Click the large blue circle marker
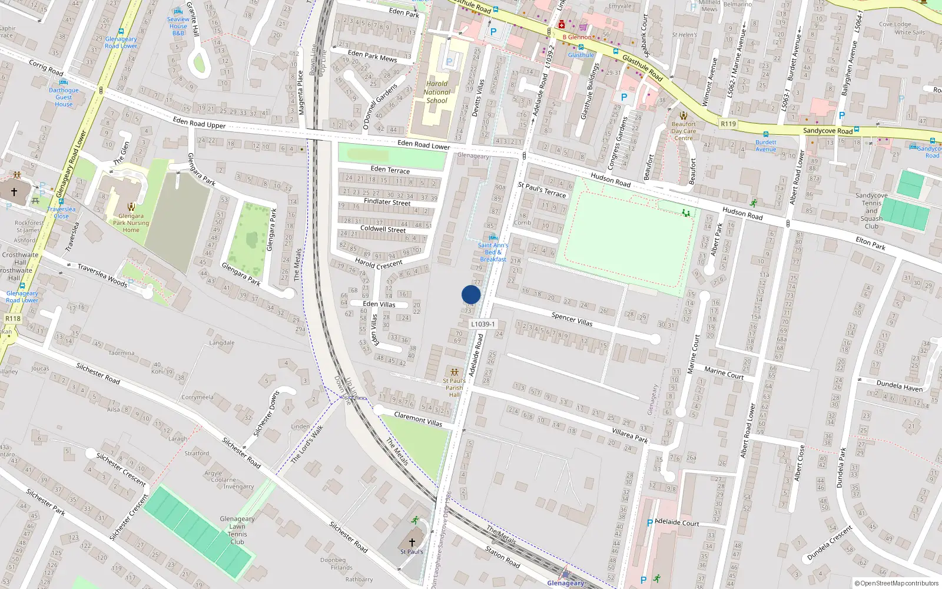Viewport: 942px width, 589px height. tap(471, 294)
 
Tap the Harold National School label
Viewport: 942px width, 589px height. tap(437, 92)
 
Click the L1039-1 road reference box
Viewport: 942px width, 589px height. tap(483, 324)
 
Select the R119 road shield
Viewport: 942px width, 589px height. tap(728, 124)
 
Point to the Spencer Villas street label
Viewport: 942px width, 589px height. tap(572, 319)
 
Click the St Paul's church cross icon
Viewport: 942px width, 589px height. tap(412, 542)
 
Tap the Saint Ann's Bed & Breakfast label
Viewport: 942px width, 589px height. tap(493, 252)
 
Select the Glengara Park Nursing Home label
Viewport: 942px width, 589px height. tap(131, 223)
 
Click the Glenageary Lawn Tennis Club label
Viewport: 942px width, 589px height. tap(237, 530)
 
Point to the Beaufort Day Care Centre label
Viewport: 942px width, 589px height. tap(684, 131)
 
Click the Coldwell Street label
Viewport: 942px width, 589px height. tap(383, 229)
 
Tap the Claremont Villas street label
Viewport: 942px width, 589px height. tap(417, 419)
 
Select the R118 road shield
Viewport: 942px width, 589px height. tap(13, 319)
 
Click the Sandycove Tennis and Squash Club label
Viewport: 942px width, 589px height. tap(871, 211)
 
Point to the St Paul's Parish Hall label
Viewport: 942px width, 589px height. tap(454, 388)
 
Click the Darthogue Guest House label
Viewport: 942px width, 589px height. tap(64, 97)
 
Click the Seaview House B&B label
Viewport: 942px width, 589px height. tap(178, 26)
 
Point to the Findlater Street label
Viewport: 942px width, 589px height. tap(387, 201)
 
